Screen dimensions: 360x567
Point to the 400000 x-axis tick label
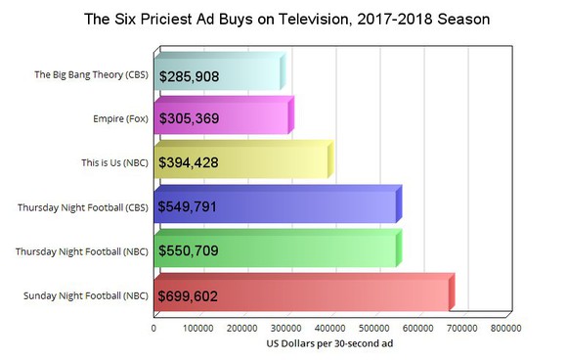330,329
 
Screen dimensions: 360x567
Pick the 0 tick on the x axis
154,329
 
